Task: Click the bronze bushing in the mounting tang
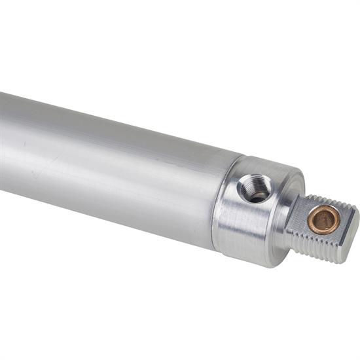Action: pos(324,220)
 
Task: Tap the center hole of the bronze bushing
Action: pos(324,221)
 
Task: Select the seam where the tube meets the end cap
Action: pos(226,203)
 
